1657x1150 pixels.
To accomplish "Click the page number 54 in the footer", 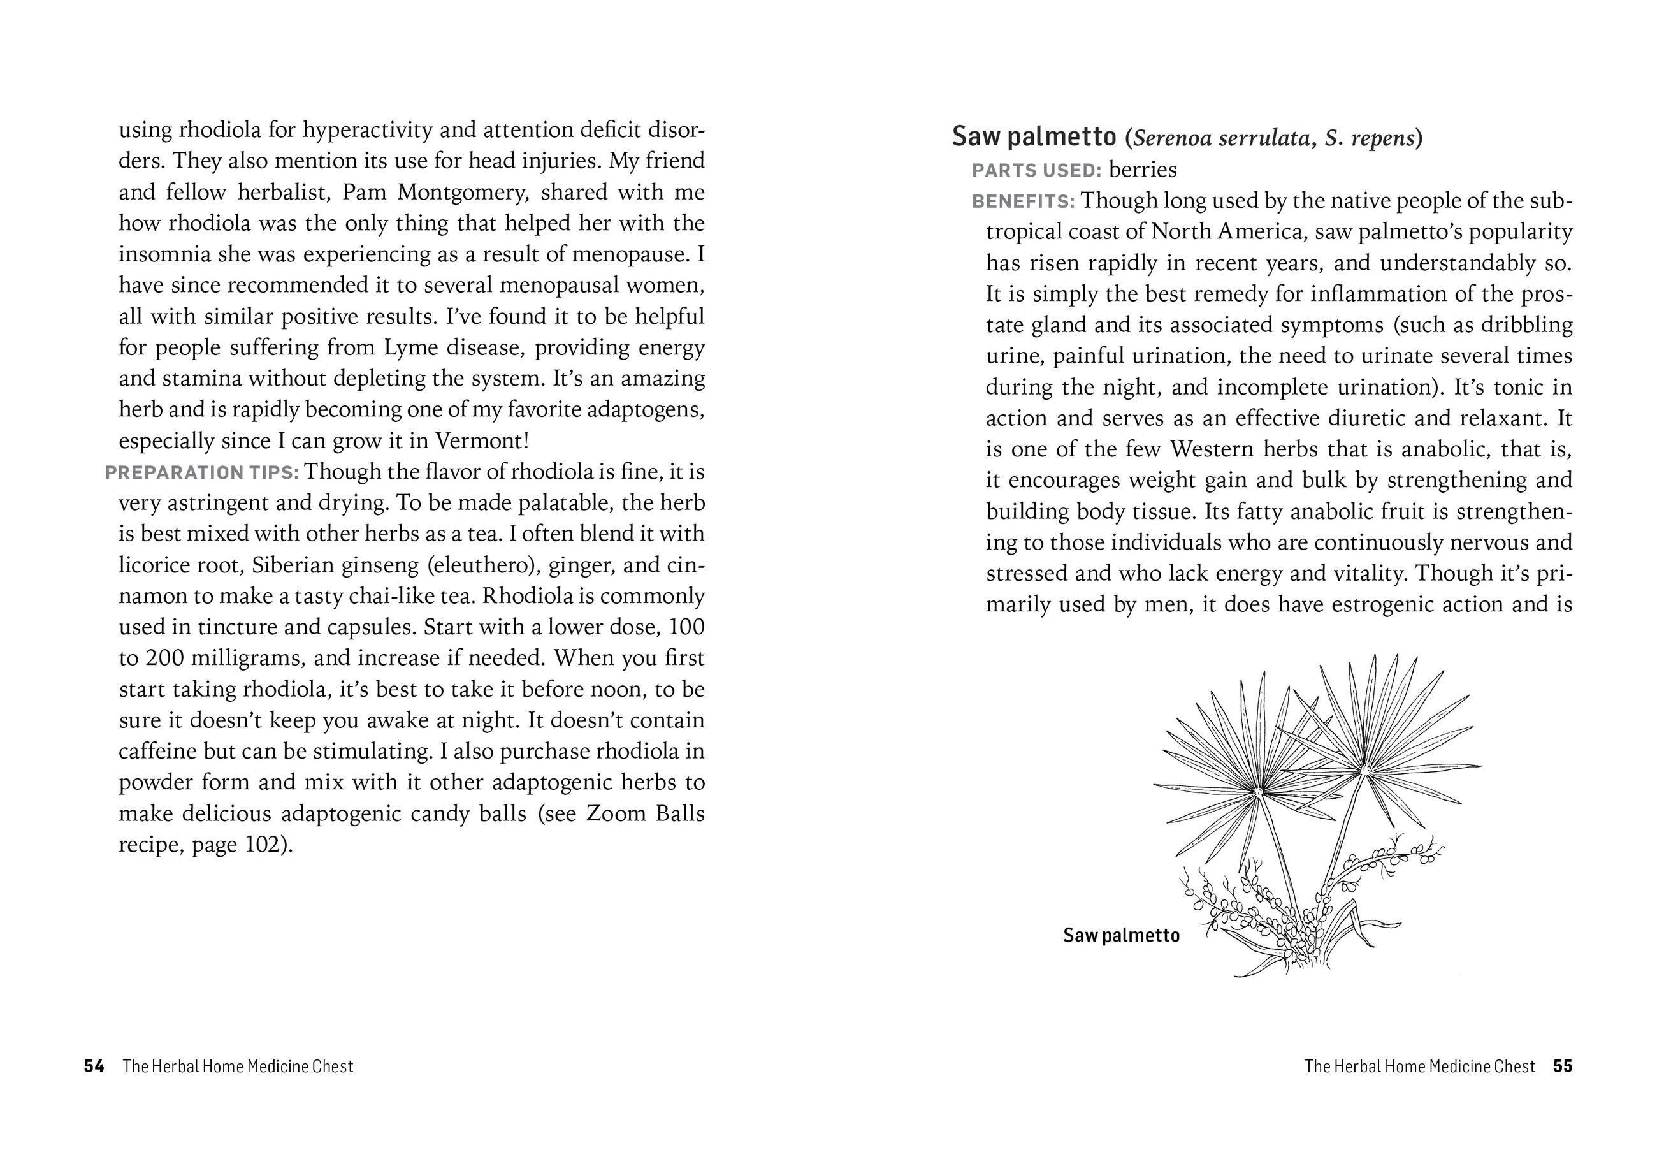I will click(94, 1066).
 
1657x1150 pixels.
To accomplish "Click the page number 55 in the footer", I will click(1563, 1066).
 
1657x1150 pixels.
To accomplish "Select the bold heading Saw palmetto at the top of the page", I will click(1033, 136).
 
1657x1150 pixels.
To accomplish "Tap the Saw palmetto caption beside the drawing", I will click(1121, 935).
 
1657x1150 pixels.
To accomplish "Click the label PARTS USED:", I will click(1036, 171).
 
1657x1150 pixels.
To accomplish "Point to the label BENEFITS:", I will click(1022, 201).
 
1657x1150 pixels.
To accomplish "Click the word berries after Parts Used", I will click(1143, 170).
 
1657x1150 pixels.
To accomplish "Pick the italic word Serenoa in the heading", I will click(1171, 138).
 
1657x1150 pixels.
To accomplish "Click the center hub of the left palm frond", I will click(1258, 791).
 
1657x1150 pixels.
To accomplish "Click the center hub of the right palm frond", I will click(1364, 771).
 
